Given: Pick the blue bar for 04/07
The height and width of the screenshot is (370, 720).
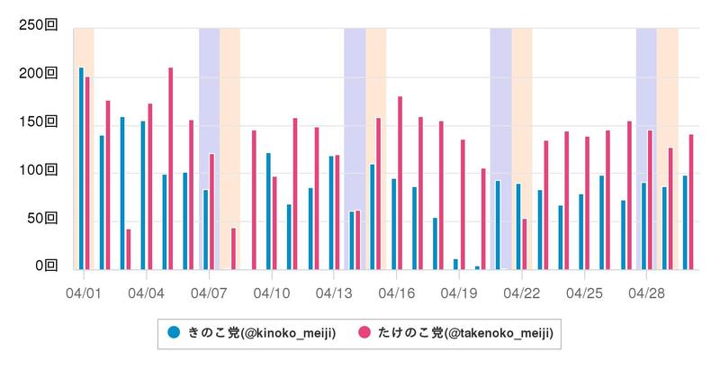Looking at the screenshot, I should [205, 230].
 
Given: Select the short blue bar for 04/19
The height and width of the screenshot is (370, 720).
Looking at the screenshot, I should [455, 265].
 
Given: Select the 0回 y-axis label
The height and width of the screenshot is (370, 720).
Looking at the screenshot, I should [45, 266].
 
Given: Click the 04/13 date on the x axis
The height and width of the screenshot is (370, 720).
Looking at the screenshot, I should [334, 293].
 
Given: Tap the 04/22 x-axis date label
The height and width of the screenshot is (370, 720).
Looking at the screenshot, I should [522, 293].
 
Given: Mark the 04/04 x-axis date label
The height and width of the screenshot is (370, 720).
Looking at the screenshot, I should [146, 293].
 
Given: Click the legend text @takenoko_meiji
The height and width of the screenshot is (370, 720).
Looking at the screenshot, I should [499, 334].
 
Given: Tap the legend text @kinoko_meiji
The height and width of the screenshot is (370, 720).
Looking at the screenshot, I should [289, 334].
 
